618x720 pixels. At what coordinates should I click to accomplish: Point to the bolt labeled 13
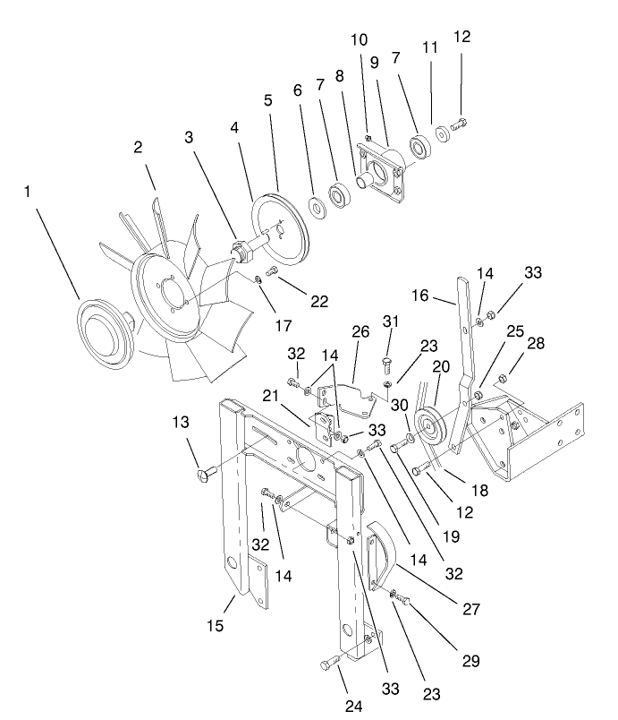click(209, 470)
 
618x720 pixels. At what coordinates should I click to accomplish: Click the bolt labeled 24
click(329, 664)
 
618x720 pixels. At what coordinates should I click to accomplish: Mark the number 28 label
click(534, 344)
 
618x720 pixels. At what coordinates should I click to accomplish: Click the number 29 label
click(470, 661)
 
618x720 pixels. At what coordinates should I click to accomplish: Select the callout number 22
click(318, 302)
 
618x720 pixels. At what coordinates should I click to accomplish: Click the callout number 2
click(139, 148)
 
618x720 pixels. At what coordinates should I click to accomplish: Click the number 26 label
click(360, 331)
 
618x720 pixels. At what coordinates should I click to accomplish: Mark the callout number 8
click(339, 76)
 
